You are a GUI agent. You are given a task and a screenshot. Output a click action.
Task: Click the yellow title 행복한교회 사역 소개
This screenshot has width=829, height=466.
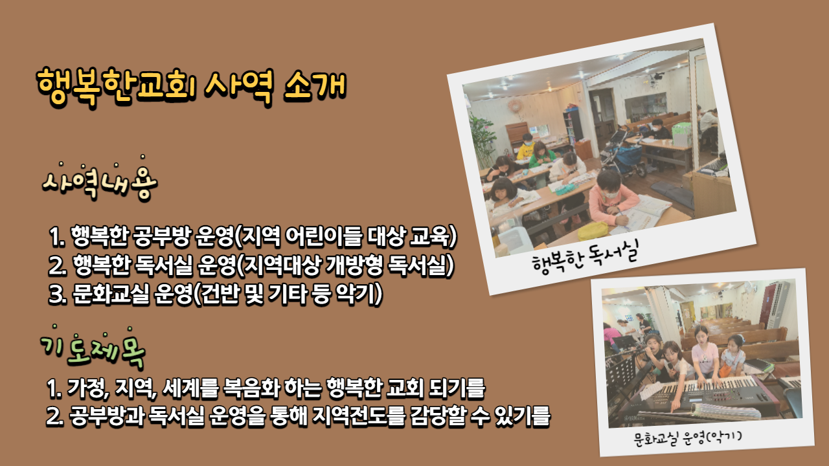point(191,86)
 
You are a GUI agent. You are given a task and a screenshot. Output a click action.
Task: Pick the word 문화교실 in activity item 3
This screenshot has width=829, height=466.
point(111,294)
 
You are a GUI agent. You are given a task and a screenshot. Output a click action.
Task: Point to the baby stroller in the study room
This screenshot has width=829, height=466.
point(622,151)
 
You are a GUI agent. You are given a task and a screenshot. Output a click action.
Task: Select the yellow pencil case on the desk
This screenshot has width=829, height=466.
point(593,231)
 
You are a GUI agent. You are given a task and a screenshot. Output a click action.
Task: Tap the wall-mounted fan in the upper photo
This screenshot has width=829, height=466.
point(514,107)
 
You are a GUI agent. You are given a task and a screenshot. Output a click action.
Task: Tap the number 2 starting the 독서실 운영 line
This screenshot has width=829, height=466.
point(56,265)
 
